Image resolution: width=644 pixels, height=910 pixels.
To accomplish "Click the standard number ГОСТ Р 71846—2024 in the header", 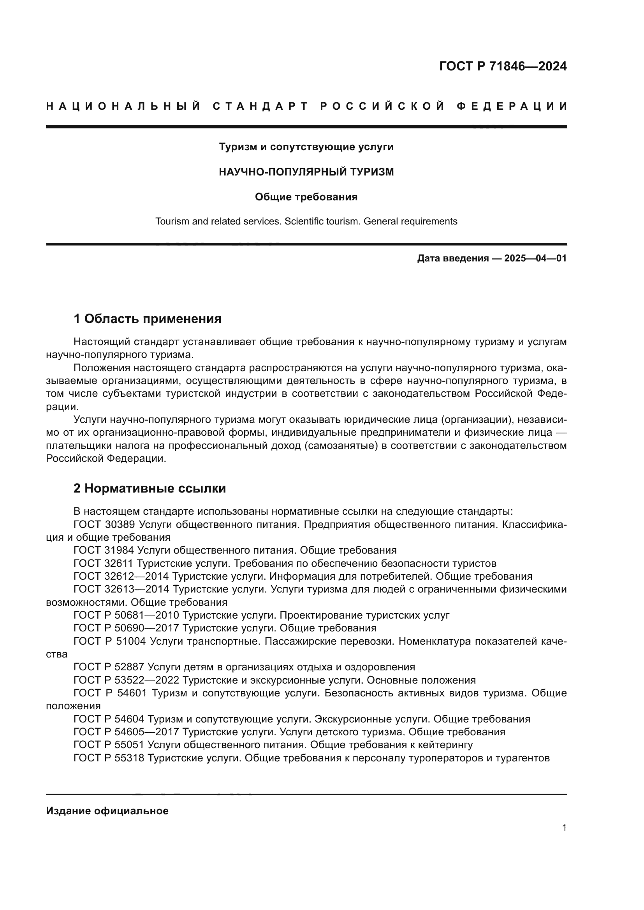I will click(x=503, y=66).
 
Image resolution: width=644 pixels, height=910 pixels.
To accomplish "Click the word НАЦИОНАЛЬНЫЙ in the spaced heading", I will click(x=123, y=106).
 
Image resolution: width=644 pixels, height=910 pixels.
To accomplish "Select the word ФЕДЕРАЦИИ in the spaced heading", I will click(x=512, y=106).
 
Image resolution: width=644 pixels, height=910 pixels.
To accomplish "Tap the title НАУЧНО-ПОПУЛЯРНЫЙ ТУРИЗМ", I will click(x=306, y=172).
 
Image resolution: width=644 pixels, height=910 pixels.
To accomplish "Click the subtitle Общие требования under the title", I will click(x=306, y=197).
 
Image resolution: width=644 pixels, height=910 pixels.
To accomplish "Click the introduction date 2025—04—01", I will click(x=535, y=259).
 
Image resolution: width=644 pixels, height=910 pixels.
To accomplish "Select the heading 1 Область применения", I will click(x=148, y=319).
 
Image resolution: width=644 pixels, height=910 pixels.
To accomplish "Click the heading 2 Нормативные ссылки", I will click(x=150, y=488).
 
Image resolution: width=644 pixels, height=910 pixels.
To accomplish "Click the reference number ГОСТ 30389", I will click(x=105, y=524).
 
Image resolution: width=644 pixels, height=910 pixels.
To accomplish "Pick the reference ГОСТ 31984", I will click(x=105, y=550).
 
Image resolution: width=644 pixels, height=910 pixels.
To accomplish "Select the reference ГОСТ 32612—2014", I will click(x=121, y=576).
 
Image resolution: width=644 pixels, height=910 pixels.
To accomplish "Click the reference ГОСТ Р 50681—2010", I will click(x=127, y=615).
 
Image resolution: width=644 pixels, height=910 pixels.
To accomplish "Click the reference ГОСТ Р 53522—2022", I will click(x=127, y=680).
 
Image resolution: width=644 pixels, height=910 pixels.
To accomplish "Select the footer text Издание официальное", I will click(x=107, y=810).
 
